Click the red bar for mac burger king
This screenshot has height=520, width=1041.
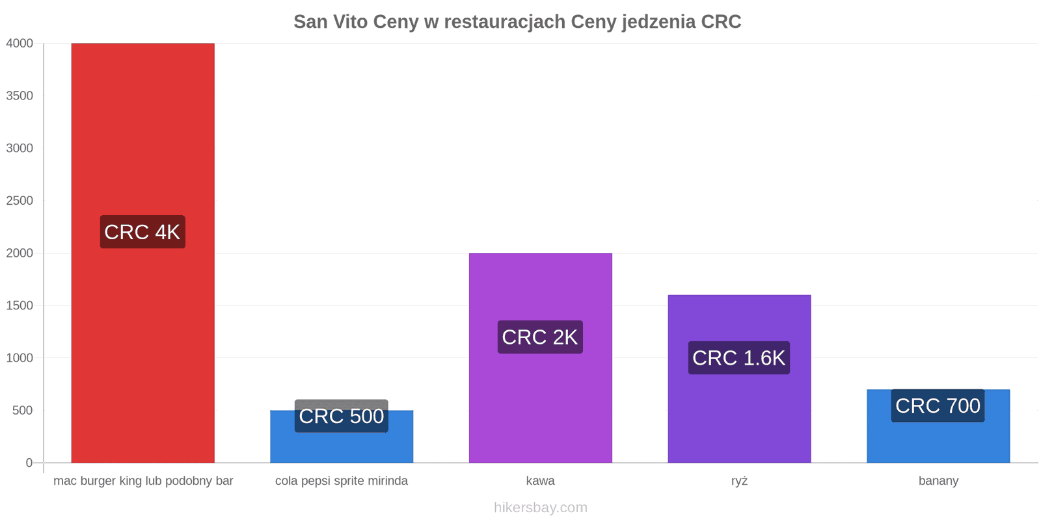point(142,253)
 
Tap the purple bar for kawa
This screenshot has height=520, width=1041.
point(541,358)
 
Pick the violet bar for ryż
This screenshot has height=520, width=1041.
point(739,379)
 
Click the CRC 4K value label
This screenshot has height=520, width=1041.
point(142,231)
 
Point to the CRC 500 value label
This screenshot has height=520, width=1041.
point(342,416)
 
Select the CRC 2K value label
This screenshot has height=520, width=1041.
point(540,337)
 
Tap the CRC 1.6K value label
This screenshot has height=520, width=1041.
point(739,358)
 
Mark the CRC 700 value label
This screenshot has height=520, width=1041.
point(938,406)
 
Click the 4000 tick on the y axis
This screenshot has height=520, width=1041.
point(20,43)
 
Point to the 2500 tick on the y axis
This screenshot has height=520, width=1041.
point(20,201)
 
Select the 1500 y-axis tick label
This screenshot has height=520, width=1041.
point(20,305)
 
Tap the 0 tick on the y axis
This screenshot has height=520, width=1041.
point(29,463)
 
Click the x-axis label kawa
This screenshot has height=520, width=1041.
point(541,480)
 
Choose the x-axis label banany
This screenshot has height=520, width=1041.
point(938,480)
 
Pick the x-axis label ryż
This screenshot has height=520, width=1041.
point(739,480)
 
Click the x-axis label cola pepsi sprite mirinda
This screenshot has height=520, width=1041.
point(342,480)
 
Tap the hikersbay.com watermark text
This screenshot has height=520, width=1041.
point(541,507)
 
